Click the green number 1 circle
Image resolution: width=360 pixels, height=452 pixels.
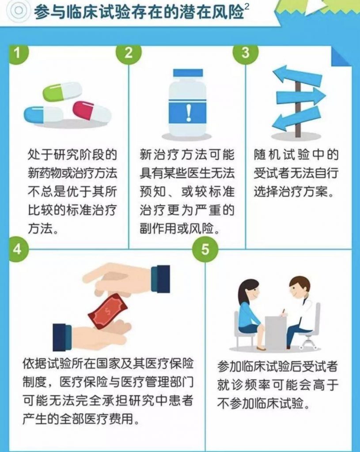click(18, 53)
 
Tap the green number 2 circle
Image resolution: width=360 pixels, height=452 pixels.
click(129, 53)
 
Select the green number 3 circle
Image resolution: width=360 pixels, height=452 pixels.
click(246, 53)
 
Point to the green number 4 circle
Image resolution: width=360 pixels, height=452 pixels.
click(18, 249)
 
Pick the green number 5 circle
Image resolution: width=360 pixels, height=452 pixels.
click(205, 249)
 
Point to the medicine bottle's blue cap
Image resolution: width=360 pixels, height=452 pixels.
click(188, 73)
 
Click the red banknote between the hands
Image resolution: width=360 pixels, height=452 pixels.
click(108, 311)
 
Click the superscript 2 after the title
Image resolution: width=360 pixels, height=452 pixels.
click(246, 6)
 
